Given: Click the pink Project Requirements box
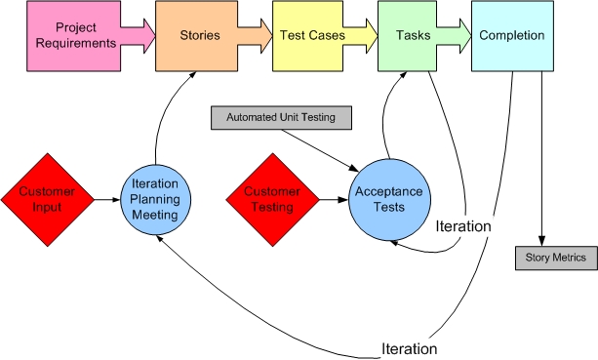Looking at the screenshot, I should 69,36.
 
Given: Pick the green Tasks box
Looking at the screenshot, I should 407,36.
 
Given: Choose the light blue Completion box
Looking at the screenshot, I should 511,36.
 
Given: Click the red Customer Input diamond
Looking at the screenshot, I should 48,199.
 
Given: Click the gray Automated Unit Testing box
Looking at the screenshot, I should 280,118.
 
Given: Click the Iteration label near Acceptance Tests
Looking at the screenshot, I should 463,225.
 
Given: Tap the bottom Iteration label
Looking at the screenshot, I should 409,348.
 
